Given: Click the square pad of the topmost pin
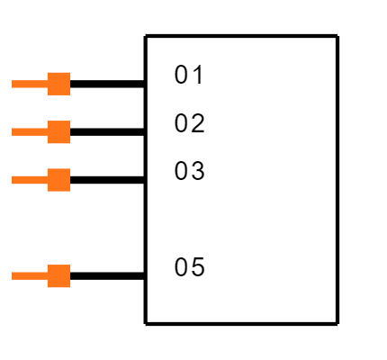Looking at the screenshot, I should point(58,84).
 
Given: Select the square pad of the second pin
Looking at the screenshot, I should point(58,132).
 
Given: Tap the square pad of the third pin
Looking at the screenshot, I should point(58,180).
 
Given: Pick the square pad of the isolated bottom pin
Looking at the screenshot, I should point(58,276).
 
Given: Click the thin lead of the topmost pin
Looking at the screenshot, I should point(29,84).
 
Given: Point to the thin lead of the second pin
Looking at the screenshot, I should point(29,132).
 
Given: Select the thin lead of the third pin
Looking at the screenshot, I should point(29,180).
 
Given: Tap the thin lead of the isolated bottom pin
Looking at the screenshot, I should point(29,276).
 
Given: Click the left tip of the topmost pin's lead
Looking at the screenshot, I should point(13,84).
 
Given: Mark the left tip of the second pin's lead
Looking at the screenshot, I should point(13,132).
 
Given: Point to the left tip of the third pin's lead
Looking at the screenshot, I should point(13,180).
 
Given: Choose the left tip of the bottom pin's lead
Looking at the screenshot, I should point(13,276).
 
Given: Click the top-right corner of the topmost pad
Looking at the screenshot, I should point(70,73).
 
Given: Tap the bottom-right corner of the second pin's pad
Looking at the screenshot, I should point(70,143).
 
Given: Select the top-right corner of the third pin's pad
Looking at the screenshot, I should point(70,169).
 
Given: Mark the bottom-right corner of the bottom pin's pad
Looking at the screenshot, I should point(70,287).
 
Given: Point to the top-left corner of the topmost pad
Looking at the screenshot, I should point(48,73).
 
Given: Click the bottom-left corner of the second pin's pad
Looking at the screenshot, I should point(48,143).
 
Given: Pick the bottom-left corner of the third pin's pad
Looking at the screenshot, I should point(48,191).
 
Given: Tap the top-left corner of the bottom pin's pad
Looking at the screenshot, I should point(48,265).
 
